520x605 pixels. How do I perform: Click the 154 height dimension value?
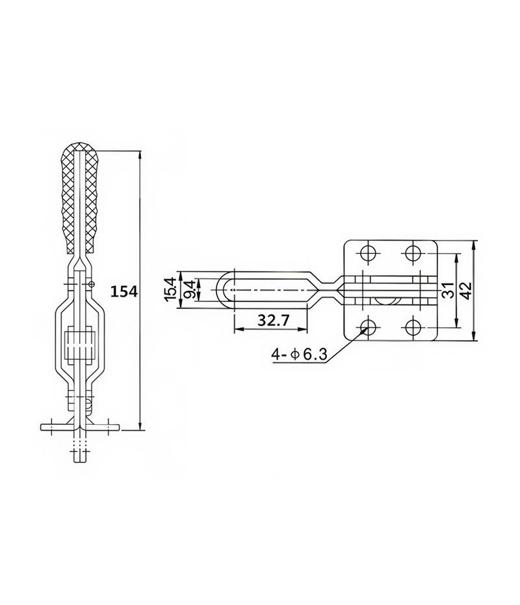click(x=124, y=291)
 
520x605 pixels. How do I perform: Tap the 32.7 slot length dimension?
click(x=273, y=320)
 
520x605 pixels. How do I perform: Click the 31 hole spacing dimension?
click(x=447, y=289)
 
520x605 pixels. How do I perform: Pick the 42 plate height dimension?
click(x=466, y=290)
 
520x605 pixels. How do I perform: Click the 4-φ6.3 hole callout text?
click(x=299, y=354)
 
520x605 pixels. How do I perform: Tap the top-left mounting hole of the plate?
click(x=369, y=253)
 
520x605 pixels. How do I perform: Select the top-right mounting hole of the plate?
click(x=413, y=253)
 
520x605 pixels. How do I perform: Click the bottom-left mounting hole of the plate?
click(x=369, y=327)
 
